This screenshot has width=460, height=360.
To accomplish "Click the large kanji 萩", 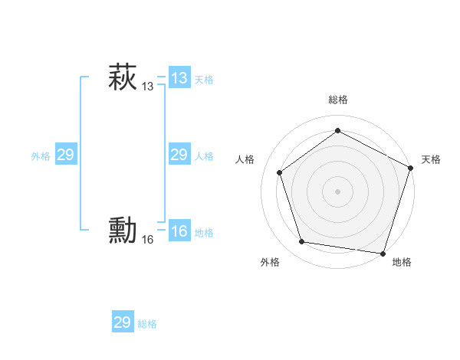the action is (122, 77).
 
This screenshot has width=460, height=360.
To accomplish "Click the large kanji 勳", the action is (122, 231).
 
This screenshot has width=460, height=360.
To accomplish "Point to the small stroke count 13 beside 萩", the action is (147, 87).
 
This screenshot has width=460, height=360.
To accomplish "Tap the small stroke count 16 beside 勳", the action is (147, 240).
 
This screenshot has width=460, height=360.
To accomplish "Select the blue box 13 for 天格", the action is (179, 78).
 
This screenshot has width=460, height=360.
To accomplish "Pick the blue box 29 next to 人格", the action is (179, 155).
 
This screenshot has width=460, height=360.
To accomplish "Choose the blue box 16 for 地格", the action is (179, 231).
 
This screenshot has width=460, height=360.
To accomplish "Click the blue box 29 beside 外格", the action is (66, 155).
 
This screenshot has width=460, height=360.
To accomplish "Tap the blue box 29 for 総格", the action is (123, 322).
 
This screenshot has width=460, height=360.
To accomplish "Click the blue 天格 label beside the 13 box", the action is (204, 80).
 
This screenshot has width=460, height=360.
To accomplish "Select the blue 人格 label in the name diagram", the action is (204, 156).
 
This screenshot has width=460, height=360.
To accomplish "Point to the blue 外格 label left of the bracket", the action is (41, 156).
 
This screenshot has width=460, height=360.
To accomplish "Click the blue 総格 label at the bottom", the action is (147, 324).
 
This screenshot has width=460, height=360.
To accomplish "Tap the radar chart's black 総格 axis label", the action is (337, 100).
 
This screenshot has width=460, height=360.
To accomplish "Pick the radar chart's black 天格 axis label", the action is (431, 159).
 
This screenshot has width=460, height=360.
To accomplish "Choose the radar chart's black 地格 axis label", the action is (402, 262).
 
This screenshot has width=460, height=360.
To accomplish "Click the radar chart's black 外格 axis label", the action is (270, 262).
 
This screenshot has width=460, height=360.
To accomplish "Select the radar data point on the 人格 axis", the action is (280, 172).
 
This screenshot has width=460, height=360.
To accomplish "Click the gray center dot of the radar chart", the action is (337, 191).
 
